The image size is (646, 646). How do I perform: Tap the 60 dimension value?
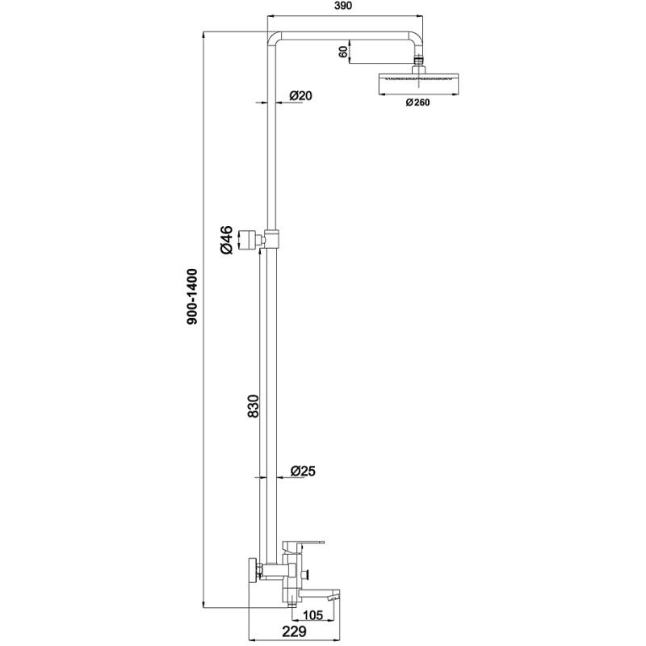click(x=343, y=52)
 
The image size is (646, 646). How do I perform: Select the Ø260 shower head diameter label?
click(x=417, y=103)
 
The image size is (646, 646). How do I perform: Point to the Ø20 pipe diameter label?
click(x=300, y=95)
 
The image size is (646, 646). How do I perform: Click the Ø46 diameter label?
click(x=226, y=240)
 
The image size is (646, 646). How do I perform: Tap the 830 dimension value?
click(x=253, y=406)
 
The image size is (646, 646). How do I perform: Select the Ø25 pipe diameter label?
click(x=303, y=471)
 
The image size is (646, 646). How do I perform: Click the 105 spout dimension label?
click(x=313, y=615)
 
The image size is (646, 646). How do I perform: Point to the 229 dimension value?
click(x=294, y=631)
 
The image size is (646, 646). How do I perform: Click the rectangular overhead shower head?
click(x=418, y=84)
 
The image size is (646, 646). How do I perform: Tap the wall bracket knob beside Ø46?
click(x=249, y=239)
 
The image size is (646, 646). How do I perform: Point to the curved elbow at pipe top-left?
click(x=273, y=37)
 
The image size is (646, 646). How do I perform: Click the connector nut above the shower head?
click(x=418, y=64)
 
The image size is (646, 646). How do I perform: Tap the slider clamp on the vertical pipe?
click(x=271, y=238)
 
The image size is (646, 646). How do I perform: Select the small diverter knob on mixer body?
click(x=305, y=573)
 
